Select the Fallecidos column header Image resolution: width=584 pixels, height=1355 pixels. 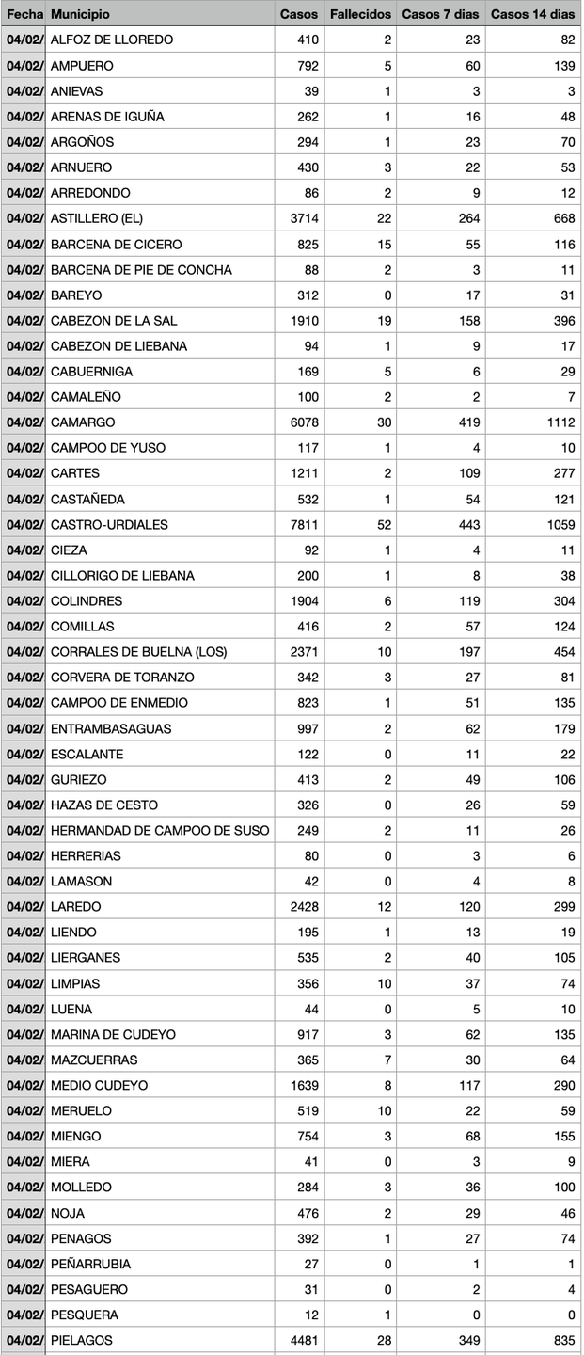pyautogui.click(x=360, y=14)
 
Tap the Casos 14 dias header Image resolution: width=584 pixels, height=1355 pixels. pyautogui.click(x=532, y=14)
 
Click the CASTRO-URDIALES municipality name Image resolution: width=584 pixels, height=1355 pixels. pyautogui.click(x=109, y=524)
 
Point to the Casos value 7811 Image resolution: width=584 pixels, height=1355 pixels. pyautogui.click(x=304, y=524)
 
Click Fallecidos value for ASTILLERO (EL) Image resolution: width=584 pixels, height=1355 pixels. pyautogui.click(x=384, y=218)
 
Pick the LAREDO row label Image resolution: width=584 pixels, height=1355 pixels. pyautogui.click(x=75, y=907)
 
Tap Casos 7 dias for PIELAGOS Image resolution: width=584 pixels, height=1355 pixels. pyautogui.click(x=466, y=1340)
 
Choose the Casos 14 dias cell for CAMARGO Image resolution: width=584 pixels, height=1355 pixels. pyautogui.click(x=558, y=422)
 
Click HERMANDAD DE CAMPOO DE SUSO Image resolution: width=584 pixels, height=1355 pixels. pyautogui.click(x=160, y=830)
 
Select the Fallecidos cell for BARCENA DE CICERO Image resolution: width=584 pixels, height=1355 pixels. pyautogui.click(x=384, y=244)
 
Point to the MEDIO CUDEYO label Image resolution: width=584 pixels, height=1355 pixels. pyautogui.click(x=99, y=1085)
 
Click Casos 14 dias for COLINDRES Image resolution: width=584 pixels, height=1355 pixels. pyautogui.click(x=562, y=600)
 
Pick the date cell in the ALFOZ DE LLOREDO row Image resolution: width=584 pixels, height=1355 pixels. pyautogui.click(x=24, y=40)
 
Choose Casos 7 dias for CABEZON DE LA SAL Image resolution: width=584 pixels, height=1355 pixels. pyautogui.click(x=466, y=320)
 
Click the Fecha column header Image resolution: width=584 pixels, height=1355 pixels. pyautogui.click(x=24, y=14)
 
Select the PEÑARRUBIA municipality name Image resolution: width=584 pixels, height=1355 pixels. pyautogui.click(x=90, y=1264)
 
